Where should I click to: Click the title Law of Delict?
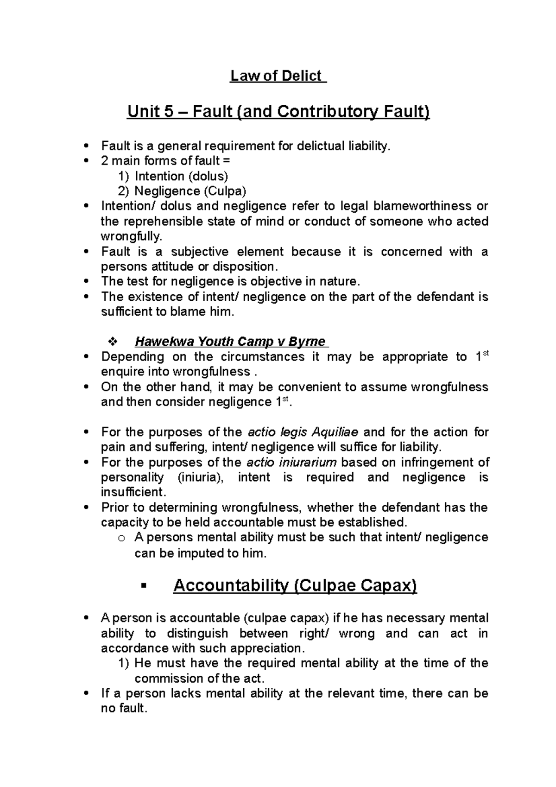[x=278, y=76]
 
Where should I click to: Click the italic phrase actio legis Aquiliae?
[x=303, y=432]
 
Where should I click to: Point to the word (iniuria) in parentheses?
[x=200, y=477]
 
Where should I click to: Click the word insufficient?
[x=133, y=492]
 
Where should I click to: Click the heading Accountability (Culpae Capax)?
[x=295, y=586]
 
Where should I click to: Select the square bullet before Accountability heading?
[x=143, y=587]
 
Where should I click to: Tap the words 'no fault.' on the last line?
[x=124, y=709]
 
